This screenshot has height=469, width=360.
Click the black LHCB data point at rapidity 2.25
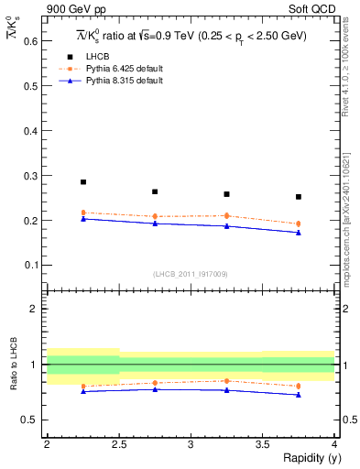(x=83, y=182)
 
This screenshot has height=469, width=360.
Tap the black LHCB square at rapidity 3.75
(x=299, y=197)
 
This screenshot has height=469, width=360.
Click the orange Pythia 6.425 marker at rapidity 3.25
(x=226, y=216)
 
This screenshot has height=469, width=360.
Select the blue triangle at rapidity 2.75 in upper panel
(x=155, y=224)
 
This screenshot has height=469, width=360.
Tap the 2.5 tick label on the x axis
(x=118, y=444)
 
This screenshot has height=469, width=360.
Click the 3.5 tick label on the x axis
(x=262, y=444)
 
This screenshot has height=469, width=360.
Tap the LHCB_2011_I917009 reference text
(x=190, y=274)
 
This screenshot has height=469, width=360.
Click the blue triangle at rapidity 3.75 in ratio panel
(x=299, y=395)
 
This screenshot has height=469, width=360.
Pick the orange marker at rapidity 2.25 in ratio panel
(x=83, y=386)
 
